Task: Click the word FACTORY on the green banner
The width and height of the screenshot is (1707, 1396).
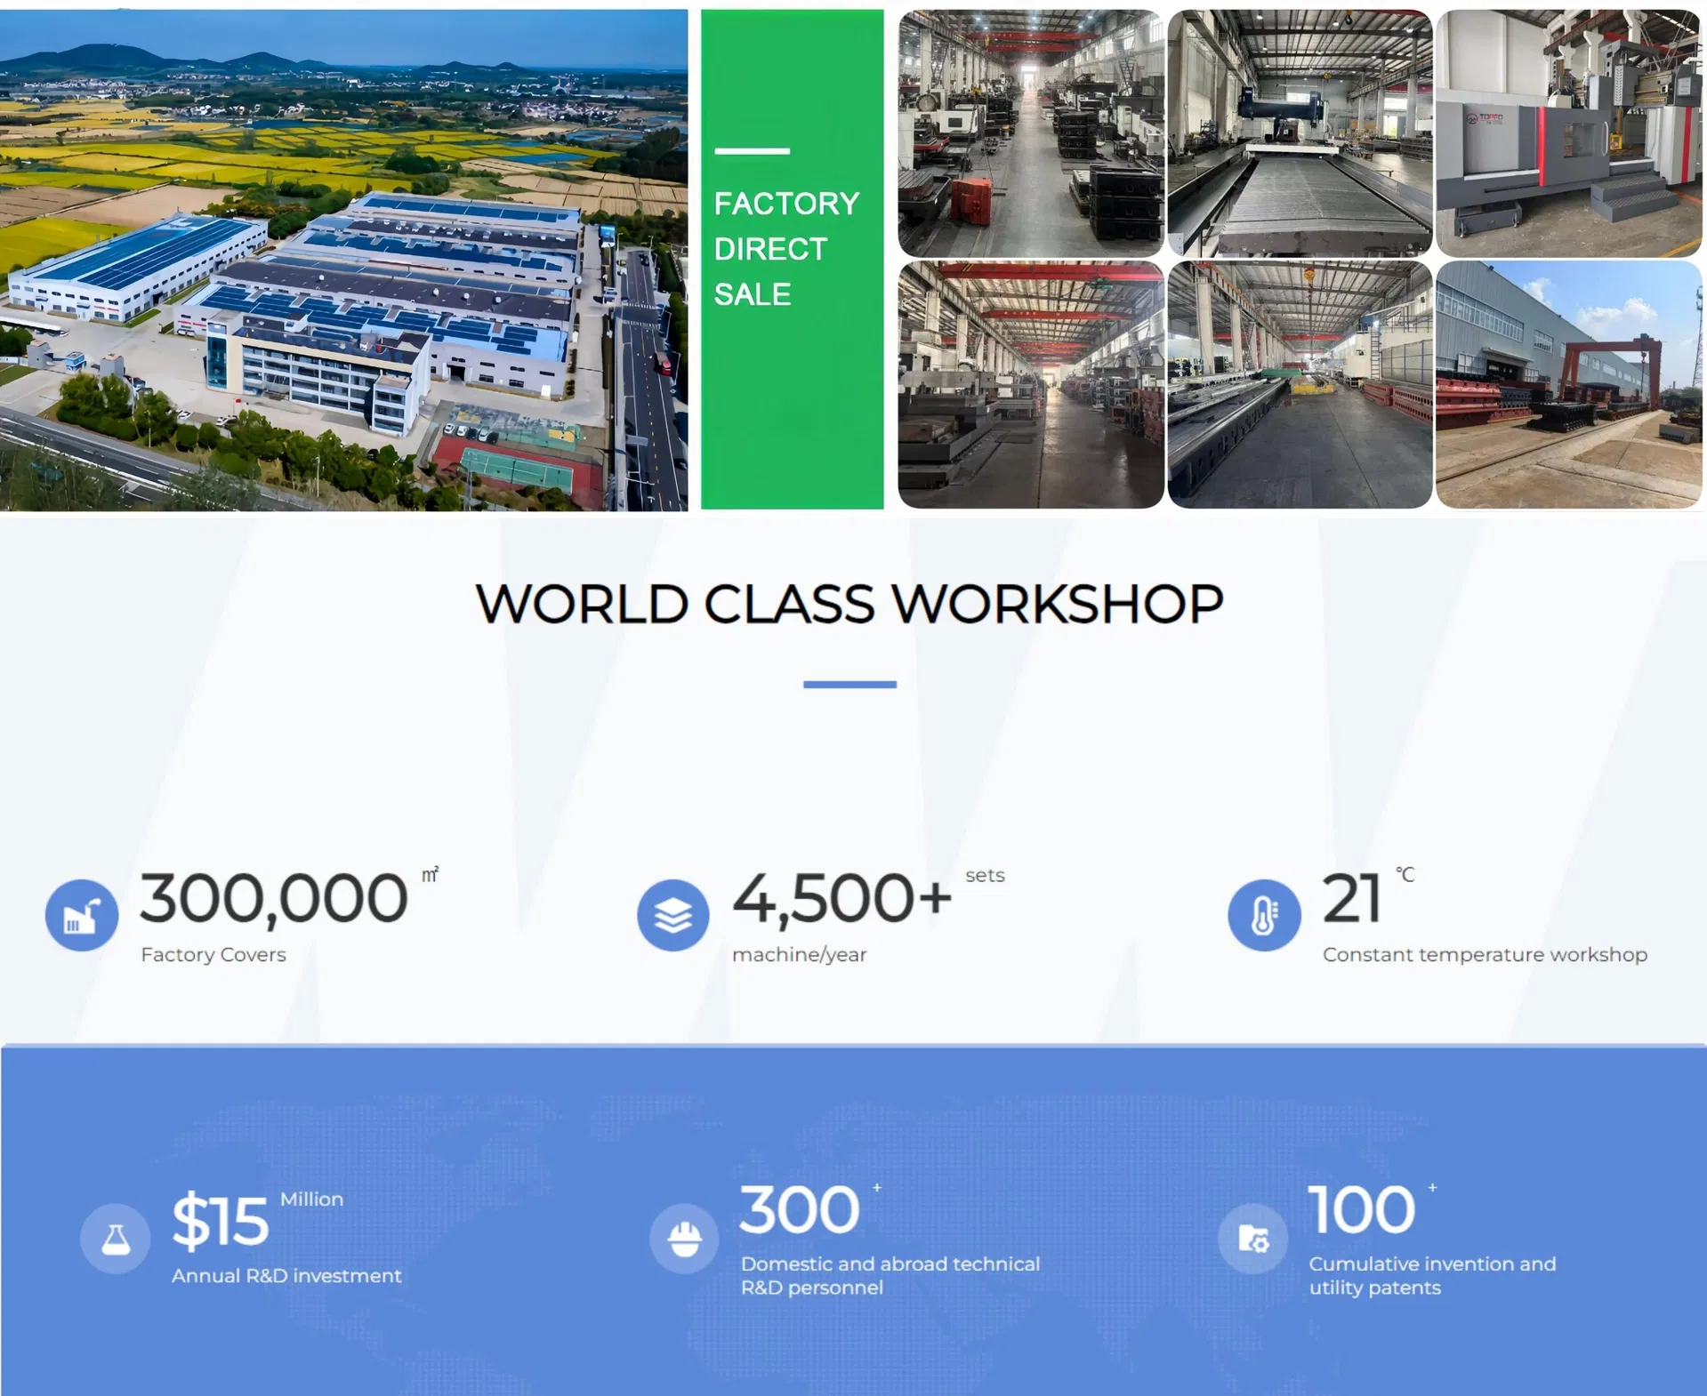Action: coord(786,204)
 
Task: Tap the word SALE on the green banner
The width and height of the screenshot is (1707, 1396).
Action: coord(752,294)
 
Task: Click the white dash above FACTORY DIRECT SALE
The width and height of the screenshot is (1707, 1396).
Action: coord(752,151)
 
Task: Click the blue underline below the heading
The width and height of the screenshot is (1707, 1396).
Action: coord(849,684)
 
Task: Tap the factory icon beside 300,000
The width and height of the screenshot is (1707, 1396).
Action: coord(82,915)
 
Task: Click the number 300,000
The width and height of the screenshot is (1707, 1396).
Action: coord(274,898)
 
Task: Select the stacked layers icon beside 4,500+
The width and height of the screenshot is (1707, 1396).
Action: coord(673,915)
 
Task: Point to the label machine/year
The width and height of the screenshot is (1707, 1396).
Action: coord(799,955)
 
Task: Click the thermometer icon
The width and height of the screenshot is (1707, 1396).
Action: coord(1264,915)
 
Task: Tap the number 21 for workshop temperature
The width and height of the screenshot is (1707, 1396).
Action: coord(1351,898)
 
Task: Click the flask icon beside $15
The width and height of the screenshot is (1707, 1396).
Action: coord(116,1239)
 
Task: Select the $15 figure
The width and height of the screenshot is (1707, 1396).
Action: coord(220,1221)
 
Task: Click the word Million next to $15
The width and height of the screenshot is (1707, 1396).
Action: coord(311,1199)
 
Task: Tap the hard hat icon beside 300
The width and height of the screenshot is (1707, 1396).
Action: coord(684,1239)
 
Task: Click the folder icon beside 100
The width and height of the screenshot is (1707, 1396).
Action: coord(1253,1239)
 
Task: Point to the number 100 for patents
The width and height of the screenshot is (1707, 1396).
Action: coord(1361,1210)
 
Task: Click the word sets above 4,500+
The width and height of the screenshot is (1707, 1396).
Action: coord(985,876)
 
